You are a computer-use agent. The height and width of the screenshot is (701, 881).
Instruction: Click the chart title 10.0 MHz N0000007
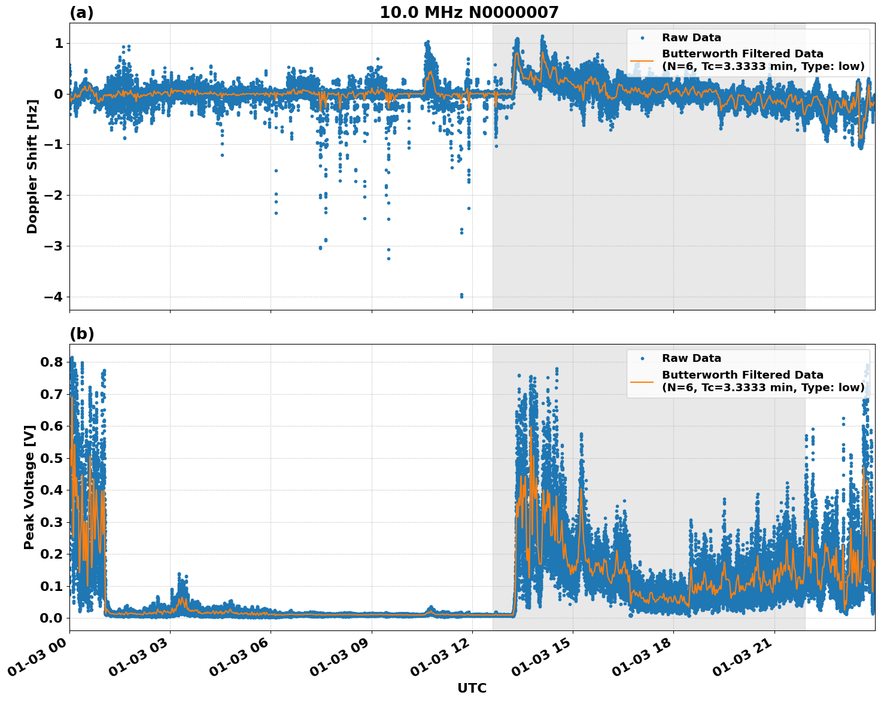[x=469, y=13]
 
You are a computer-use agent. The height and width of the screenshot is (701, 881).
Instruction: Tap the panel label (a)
[x=81, y=13]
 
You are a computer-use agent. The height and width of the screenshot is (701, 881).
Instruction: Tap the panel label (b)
[x=81, y=334]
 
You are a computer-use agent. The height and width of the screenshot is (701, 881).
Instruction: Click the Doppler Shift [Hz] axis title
[x=32, y=166]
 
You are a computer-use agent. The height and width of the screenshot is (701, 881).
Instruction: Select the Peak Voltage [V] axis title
[x=29, y=487]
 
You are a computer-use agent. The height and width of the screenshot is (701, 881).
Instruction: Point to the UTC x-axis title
[x=472, y=688]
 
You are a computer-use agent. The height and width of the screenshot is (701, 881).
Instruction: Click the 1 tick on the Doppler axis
[x=59, y=43]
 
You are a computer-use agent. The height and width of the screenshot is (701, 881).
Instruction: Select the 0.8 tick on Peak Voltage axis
[x=51, y=362]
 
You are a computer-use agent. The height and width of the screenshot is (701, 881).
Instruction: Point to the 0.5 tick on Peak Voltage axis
[x=51, y=458]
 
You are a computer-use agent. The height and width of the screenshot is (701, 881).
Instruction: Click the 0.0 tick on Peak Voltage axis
[x=51, y=618]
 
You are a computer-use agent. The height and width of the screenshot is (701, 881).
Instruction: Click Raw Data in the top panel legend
[x=691, y=38]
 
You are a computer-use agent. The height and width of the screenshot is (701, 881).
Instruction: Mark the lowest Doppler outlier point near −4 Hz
[x=461, y=296]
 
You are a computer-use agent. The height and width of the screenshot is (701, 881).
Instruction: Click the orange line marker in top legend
[x=642, y=60]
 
